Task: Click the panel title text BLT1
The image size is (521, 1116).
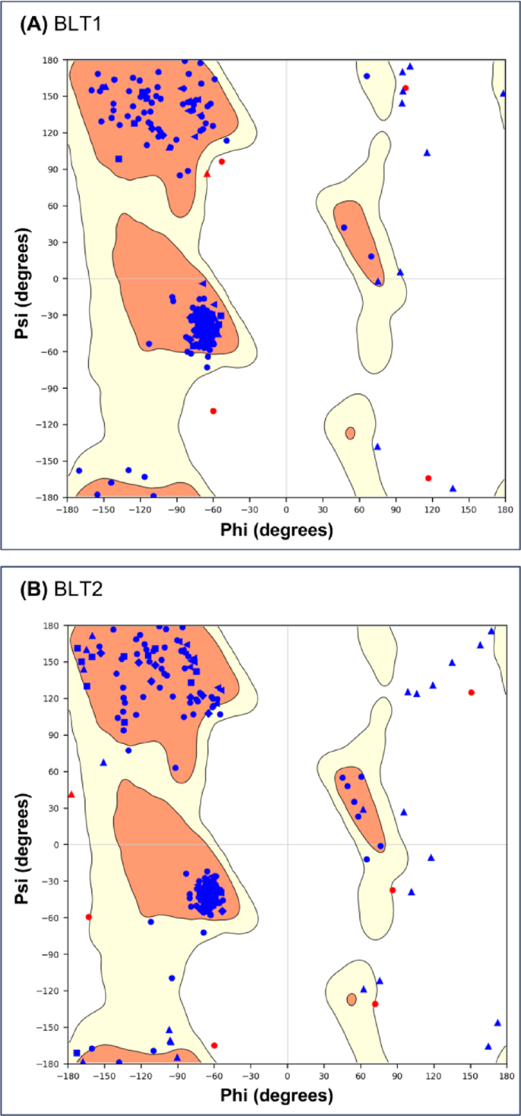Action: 76,24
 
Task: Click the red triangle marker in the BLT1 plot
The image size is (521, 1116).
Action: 207,174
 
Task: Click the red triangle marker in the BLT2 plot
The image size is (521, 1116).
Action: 71,794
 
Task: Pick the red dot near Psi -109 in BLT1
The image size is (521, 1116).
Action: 213,411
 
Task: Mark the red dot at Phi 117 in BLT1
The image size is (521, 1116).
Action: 428,478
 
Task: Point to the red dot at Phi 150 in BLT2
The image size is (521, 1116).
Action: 471,692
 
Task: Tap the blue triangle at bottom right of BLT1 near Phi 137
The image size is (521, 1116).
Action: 453,488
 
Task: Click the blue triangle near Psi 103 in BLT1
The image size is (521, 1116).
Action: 427,153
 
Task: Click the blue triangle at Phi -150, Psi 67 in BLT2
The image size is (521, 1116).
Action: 103,762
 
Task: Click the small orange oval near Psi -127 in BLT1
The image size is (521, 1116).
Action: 350,433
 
